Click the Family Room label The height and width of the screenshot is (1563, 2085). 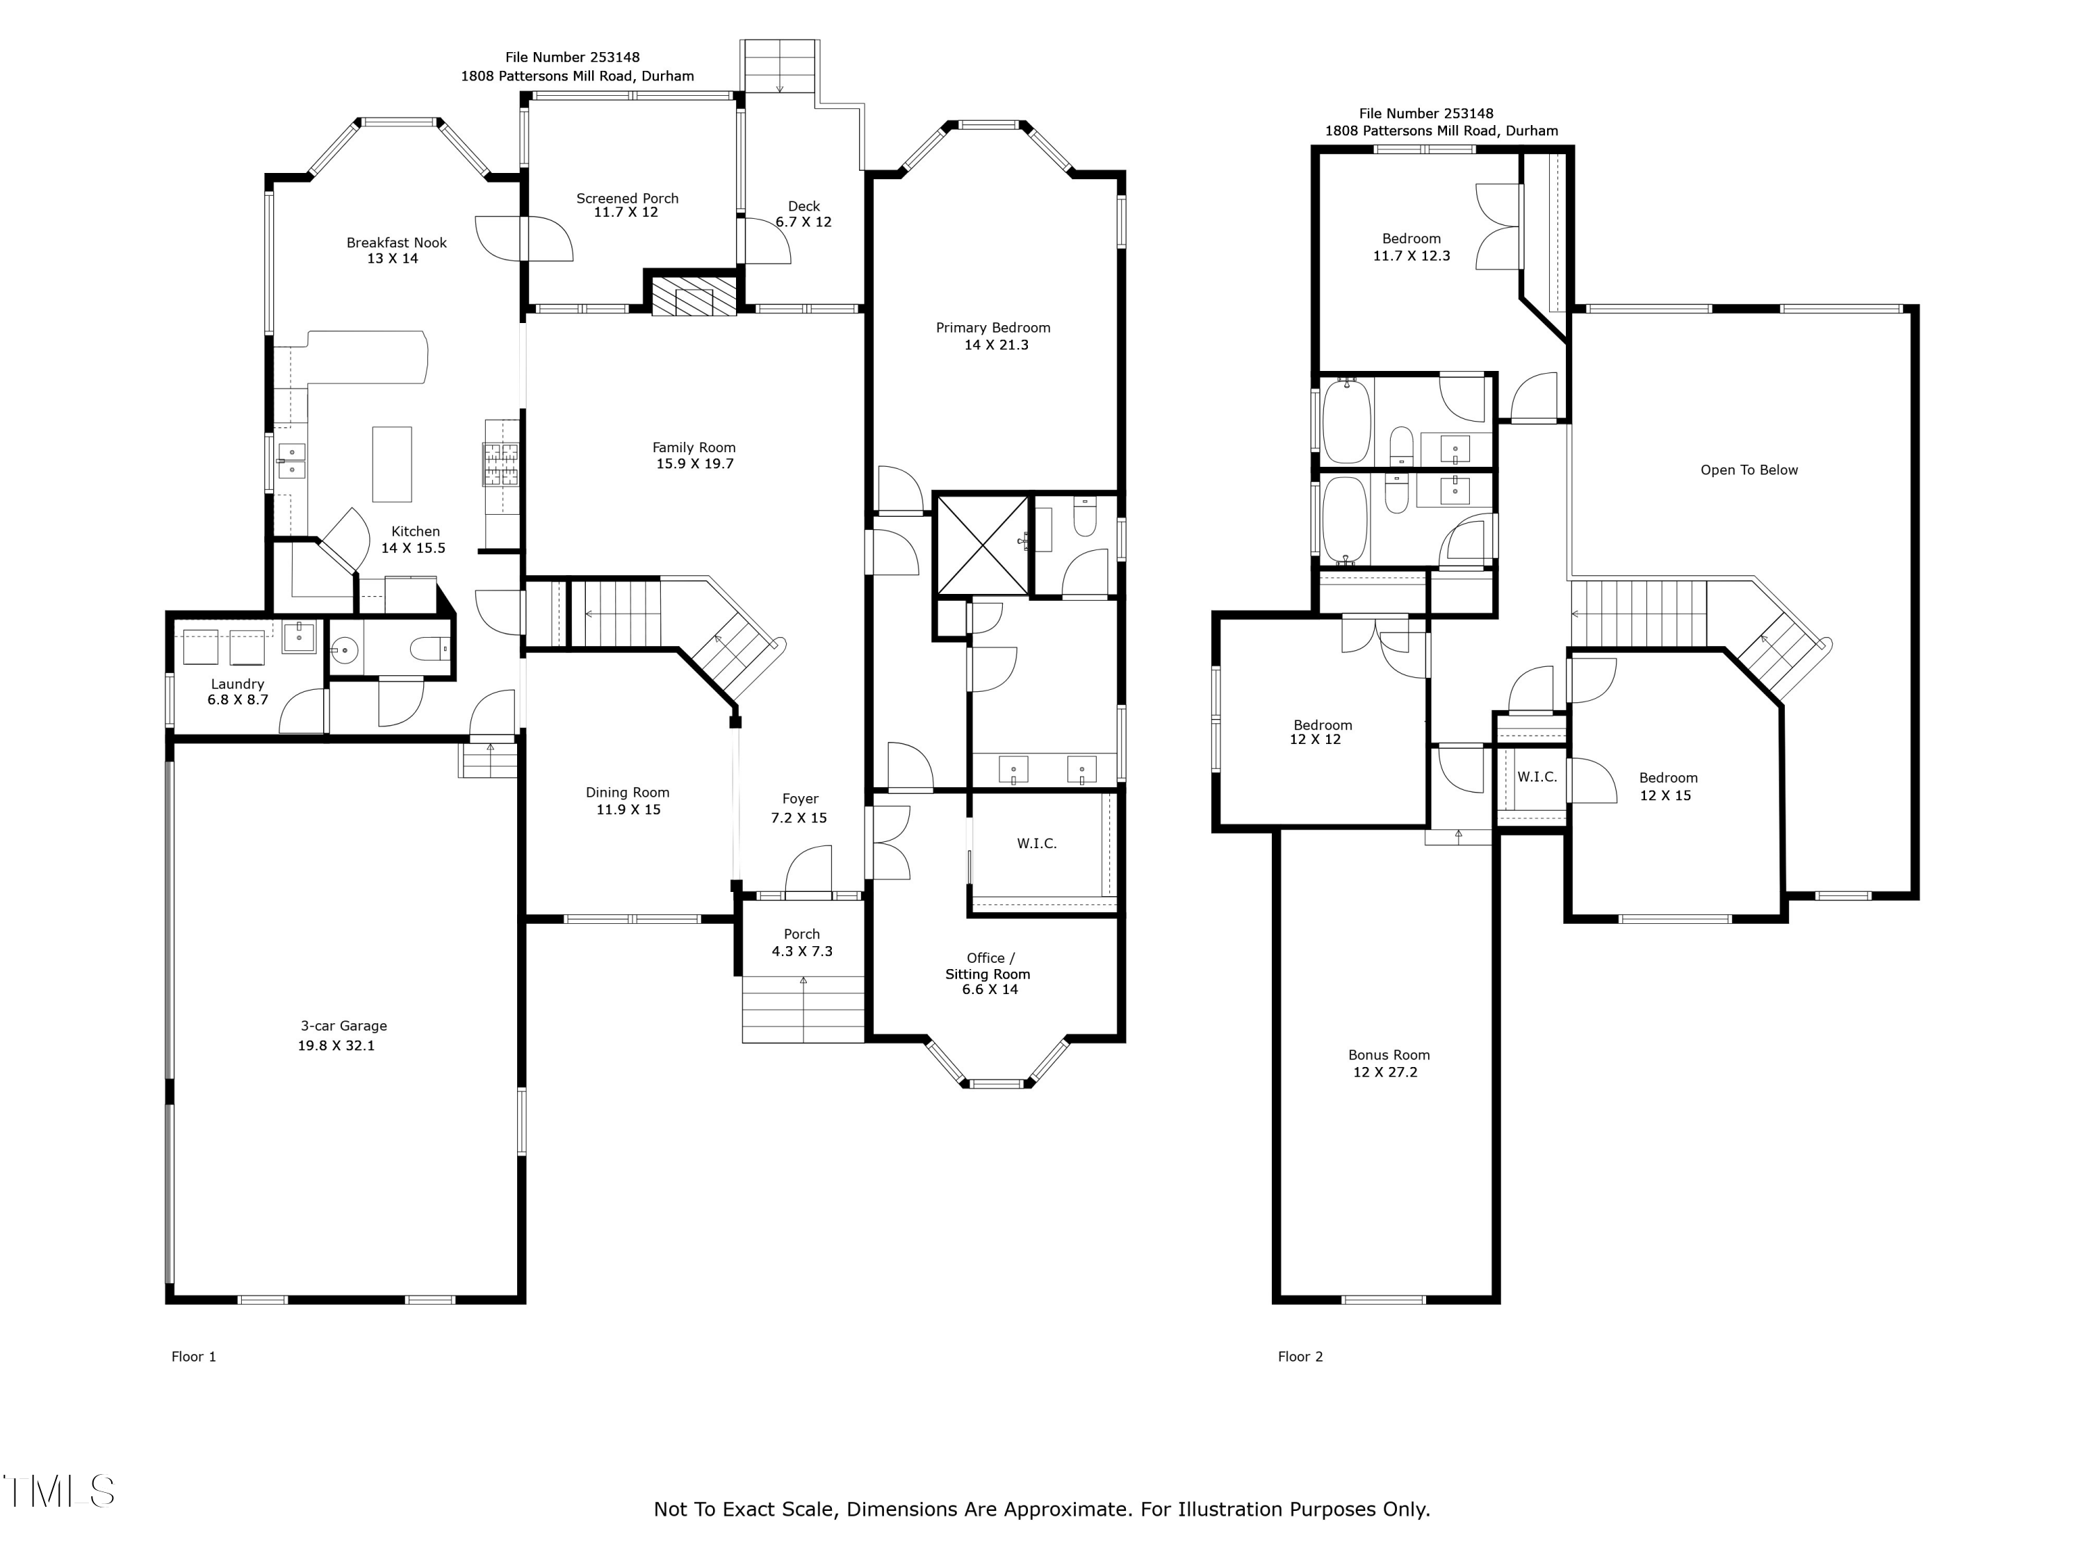tap(694, 447)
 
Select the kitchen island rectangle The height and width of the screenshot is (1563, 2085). tap(392, 465)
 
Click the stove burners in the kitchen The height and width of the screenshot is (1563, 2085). tap(502, 465)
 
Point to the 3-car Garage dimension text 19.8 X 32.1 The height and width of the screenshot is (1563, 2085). tap(336, 1045)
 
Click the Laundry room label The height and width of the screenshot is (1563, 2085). tap(238, 684)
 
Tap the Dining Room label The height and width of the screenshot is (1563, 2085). tap(628, 793)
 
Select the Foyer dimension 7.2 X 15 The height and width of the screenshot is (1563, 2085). tap(799, 818)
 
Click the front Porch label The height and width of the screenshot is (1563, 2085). tap(802, 934)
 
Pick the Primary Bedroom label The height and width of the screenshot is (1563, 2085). tap(993, 328)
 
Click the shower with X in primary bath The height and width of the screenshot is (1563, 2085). tap(982, 545)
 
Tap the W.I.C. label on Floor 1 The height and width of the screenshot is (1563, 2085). tap(1037, 843)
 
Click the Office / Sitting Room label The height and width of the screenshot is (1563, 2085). tap(988, 966)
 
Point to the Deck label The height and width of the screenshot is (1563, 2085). tap(804, 206)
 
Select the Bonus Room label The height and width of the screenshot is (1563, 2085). tap(1389, 1055)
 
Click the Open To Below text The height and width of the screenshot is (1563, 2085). tap(1749, 470)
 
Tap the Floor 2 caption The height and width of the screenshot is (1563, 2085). tap(1301, 1357)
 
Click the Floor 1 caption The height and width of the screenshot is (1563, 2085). tap(194, 1357)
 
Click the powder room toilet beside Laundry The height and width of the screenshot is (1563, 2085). tap(433, 648)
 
